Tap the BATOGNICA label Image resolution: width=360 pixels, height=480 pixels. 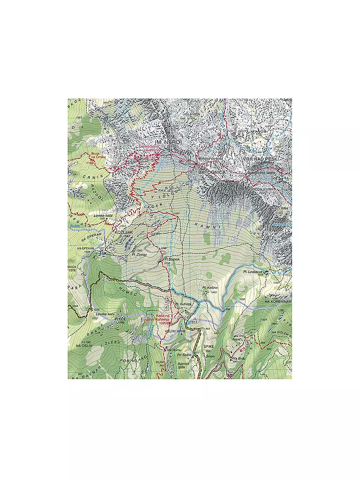point(212,172)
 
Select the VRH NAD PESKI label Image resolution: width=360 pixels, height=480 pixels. point(261,160)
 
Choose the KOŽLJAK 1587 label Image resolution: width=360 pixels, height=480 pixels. point(122,234)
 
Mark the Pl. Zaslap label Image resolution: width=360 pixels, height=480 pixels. point(140,255)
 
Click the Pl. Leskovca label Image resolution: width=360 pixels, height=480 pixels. point(253,271)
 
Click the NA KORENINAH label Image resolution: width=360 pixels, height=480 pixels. point(278,301)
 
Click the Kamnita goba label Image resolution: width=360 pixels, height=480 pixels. point(183,365)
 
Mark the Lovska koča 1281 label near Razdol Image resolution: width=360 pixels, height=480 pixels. point(103,216)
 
